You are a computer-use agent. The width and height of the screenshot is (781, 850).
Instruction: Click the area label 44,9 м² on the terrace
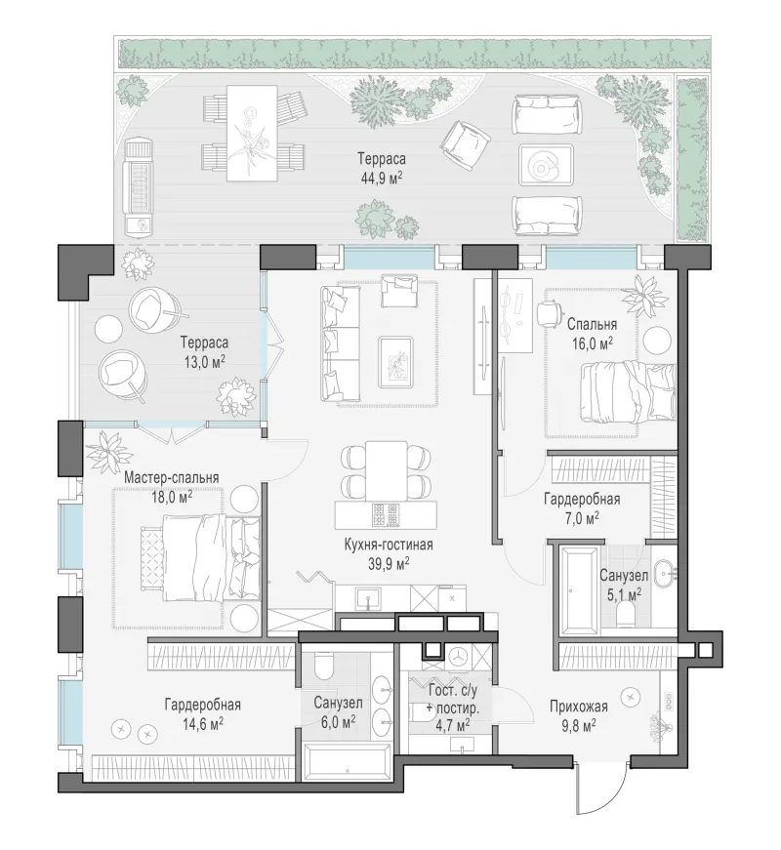[381, 178]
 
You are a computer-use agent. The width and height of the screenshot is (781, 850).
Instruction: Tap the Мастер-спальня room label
[172, 477]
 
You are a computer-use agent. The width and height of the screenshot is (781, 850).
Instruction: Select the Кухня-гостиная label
[389, 545]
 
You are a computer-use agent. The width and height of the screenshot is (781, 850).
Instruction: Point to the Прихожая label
[578, 707]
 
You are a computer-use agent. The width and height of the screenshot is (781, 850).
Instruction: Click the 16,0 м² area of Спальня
[593, 344]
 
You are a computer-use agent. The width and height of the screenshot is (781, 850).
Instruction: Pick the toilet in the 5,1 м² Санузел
[626, 616]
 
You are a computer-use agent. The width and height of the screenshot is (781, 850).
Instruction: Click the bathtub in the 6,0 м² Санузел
[346, 760]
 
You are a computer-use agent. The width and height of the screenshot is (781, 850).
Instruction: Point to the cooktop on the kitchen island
[386, 515]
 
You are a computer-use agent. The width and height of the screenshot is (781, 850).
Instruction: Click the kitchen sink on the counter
[368, 598]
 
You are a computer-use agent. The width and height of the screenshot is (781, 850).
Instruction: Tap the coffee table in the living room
[396, 362]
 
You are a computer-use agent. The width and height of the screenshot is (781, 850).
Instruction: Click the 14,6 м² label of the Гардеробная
[202, 725]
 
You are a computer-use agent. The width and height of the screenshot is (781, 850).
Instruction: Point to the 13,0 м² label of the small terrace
[204, 362]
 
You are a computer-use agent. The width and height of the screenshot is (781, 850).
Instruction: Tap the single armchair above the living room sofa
[399, 290]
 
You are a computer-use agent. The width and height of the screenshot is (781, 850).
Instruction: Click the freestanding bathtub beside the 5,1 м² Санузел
[580, 589]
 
